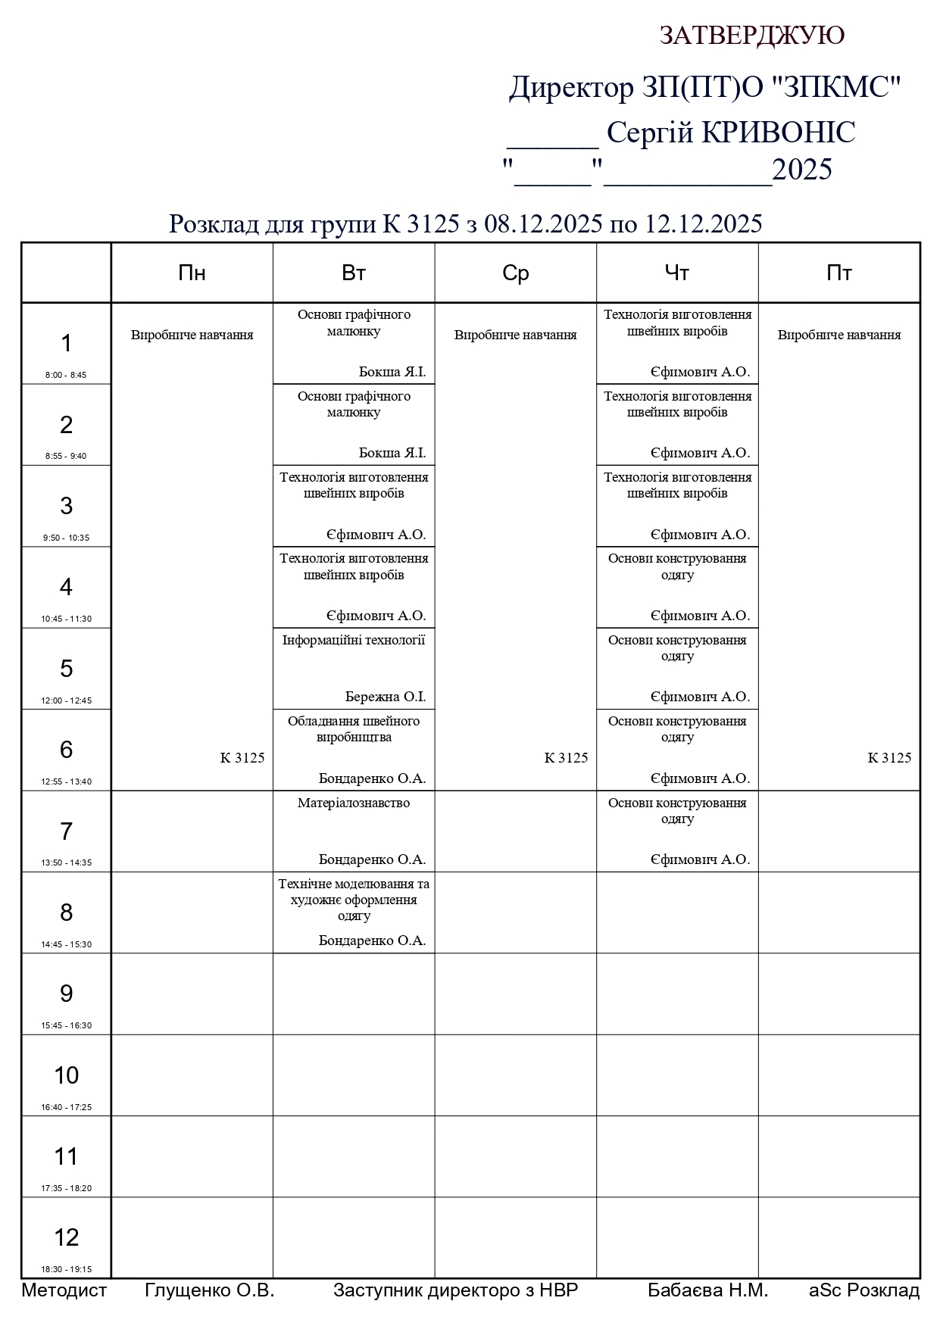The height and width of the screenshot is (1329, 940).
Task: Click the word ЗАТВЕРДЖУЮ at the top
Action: point(751,36)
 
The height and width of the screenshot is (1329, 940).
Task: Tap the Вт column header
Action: point(354,273)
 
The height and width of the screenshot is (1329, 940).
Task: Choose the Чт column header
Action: point(676,273)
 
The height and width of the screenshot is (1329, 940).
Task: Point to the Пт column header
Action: point(839,273)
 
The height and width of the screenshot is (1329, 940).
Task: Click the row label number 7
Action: point(66,831)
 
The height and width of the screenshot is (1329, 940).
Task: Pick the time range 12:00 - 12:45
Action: point(67,700)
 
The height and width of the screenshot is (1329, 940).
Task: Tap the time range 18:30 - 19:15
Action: point(67,1269)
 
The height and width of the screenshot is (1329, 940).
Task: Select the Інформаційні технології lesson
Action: point(354,641)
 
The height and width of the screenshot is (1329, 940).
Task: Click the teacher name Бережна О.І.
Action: point(386,697)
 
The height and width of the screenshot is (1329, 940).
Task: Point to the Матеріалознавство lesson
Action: point(354,803)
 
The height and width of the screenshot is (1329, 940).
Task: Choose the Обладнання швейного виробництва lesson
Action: point(354,729)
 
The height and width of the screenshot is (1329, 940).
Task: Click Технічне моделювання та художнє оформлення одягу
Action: point(354,900)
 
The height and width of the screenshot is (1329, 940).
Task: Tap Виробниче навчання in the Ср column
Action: point(515,335)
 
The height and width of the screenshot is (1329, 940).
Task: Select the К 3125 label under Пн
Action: point(242,758)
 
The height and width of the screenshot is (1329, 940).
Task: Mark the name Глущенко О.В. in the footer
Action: point(209,1290)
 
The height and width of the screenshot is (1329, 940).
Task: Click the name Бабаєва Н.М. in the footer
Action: point(707,1290)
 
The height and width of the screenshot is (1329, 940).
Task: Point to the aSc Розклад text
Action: point(864,1290)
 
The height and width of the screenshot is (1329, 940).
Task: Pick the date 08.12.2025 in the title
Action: point(543,224)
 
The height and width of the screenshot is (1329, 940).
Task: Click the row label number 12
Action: point(66,1237)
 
